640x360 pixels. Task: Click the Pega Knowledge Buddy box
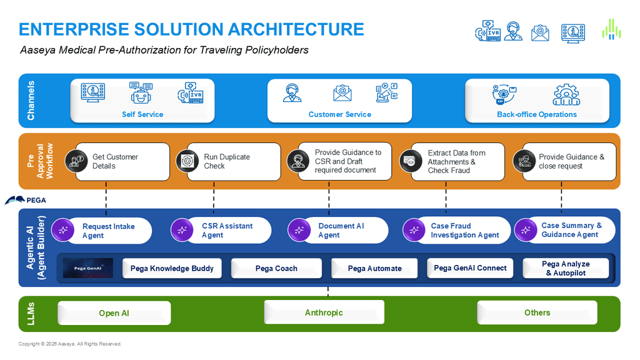172,268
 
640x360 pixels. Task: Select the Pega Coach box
276,268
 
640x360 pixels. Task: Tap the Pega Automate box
374,268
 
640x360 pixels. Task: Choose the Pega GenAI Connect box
470,268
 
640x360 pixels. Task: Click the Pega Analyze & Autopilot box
566,268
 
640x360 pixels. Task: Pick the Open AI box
114,313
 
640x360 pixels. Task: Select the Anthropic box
324,312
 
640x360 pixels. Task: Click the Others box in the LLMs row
537,312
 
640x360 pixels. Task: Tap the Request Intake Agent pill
102,231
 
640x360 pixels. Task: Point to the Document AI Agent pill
338,230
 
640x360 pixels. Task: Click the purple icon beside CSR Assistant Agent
182,230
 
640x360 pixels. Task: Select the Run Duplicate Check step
229,162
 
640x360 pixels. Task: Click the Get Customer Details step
117,162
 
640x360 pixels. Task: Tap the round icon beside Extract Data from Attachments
411,161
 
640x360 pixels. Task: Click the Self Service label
142,115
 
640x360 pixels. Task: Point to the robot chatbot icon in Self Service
141,92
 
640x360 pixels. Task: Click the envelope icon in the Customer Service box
342,93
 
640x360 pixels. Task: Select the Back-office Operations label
537,115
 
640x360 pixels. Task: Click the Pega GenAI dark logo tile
88,268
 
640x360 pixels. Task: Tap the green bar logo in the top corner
611,29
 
